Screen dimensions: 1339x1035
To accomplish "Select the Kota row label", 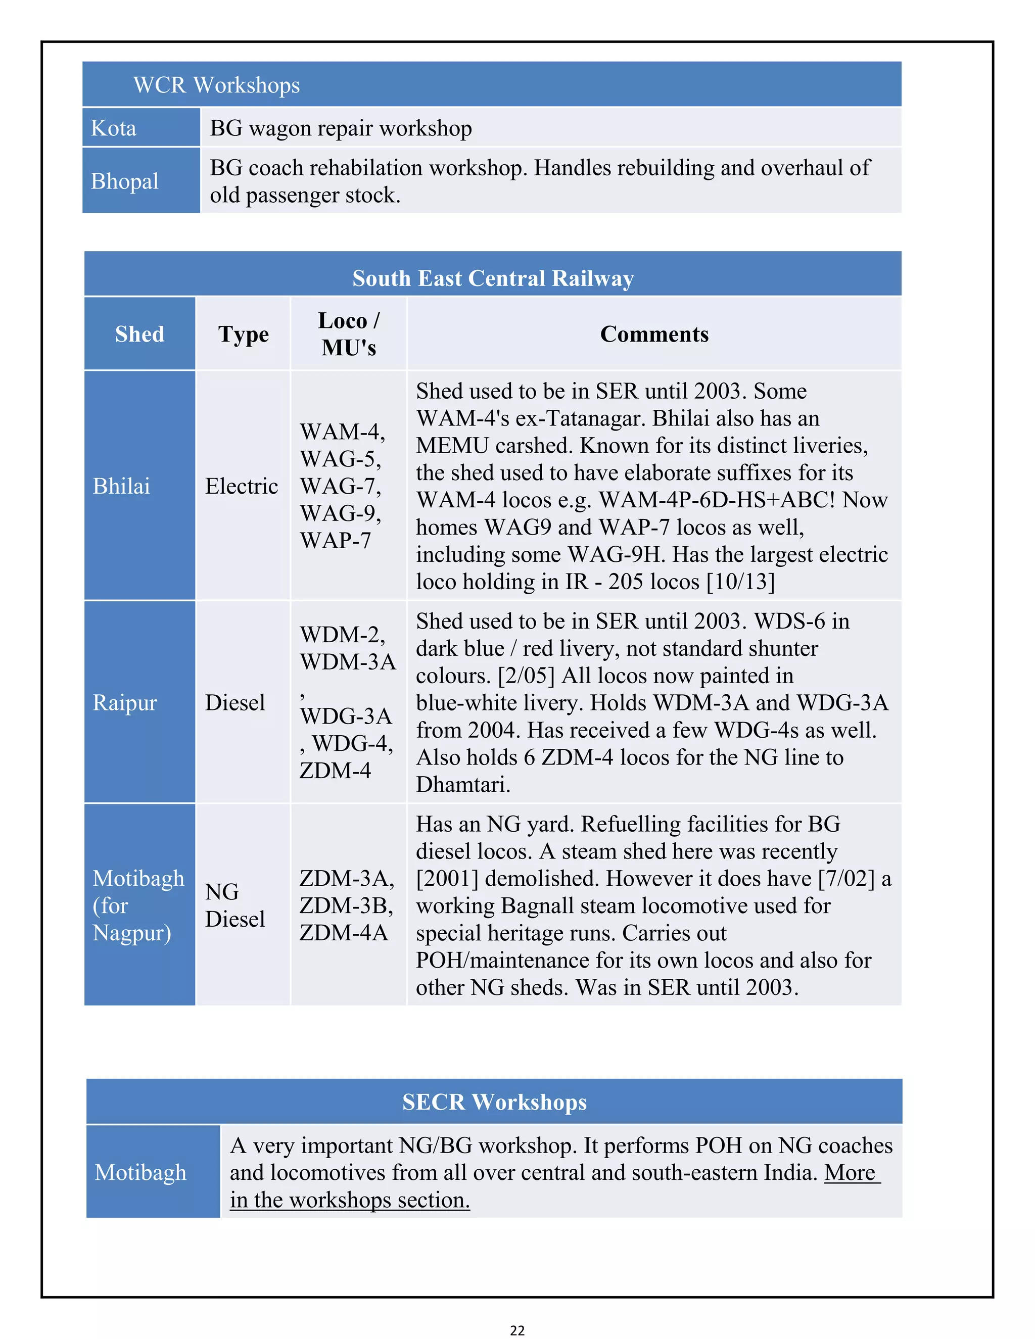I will click(113, 128).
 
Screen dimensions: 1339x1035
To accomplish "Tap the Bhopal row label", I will click(124, 181).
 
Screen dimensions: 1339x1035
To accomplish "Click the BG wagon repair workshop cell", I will click(341, 128).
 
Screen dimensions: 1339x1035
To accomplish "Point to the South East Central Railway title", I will click(492, 278).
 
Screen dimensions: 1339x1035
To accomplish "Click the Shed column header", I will click(140, 334).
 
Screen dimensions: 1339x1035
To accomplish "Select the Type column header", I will click(244, 334).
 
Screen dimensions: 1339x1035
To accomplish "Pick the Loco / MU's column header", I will click(348, 334).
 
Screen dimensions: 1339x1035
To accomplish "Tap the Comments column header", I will click(654, 334).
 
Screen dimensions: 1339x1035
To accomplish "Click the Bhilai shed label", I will click(121, 486).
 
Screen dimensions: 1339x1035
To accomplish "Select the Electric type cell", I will click(242, 486).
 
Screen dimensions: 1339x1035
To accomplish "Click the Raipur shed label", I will click(125, 703).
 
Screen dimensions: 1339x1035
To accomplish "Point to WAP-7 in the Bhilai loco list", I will click(336, 541).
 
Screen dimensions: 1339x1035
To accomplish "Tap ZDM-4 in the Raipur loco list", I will click(336, 771).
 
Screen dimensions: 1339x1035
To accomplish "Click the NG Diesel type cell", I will click(235, 905).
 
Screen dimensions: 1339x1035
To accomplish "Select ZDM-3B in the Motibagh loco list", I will click(346, 905).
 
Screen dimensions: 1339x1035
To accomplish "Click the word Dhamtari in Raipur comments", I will click(463, 785).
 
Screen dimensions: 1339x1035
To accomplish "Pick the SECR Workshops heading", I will click(494, 1102).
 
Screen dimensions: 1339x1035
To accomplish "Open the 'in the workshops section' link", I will click(350, 1200).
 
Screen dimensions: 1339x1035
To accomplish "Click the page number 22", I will click(517, 1330).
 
